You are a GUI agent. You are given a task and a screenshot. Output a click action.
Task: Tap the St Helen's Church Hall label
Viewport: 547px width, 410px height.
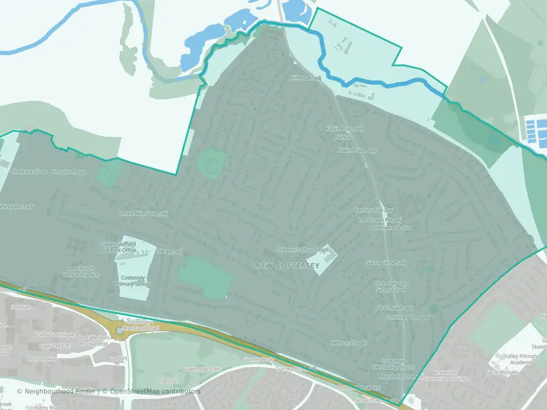tap(303, 249)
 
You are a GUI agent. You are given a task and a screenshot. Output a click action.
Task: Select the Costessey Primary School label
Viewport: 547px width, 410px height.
tap(133, 280)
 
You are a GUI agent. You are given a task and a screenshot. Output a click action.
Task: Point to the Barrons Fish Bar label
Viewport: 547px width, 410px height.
tap(374, 210)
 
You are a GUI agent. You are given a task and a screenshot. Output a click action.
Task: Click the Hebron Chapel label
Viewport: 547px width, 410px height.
tap(349, 343)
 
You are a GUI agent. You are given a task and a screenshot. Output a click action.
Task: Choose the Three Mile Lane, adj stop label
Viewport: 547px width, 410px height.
tap(144, 214)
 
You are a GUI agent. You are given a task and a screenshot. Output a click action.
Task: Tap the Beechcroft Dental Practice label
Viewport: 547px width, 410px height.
tap(83, 271)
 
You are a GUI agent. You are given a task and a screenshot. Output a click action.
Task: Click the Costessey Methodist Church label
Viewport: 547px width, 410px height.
tap(398, 364)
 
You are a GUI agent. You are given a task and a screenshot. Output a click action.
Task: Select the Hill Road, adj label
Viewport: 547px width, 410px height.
tap(306, 78)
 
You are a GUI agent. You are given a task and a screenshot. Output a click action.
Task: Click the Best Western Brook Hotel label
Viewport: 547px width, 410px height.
tap(93, 341)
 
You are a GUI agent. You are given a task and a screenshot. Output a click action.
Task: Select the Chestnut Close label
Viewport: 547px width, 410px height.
tap(28, 171)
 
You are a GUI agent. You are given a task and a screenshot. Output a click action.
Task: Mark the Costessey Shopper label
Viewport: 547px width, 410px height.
tap(408, 317)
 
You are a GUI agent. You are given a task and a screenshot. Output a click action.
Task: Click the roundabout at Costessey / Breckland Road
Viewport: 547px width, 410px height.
tap(120, 329)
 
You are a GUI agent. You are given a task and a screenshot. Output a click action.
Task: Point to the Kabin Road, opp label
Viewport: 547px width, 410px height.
tap(357, 150)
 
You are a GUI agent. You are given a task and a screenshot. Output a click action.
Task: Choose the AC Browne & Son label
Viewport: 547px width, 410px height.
tap(390, 228)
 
